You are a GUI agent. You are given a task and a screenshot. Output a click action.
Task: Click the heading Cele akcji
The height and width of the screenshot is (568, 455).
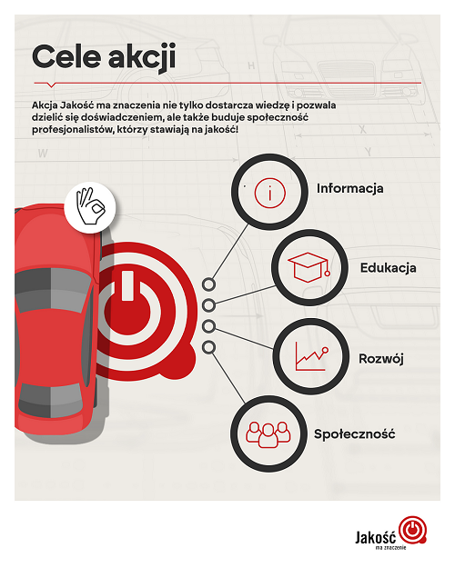tap(104, 57)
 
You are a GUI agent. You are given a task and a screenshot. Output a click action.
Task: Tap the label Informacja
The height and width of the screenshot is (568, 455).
tap(349, 188)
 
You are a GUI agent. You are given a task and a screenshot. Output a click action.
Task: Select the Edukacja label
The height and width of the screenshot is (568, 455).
tap(388, 268)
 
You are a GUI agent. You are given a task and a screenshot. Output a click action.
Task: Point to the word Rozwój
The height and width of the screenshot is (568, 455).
tap(381, 359)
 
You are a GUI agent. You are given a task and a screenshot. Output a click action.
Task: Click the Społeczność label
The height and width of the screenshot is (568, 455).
tap(354, 433)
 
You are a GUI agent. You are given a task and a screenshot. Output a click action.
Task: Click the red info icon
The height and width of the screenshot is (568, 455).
tap(270, 193)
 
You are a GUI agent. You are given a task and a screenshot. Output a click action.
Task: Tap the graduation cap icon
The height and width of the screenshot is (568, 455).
tap(308, 268)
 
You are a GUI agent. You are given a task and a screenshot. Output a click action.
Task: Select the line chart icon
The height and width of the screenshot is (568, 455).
tap(312, 356)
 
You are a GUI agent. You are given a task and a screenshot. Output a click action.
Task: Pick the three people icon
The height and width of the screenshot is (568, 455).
tap(268, 434)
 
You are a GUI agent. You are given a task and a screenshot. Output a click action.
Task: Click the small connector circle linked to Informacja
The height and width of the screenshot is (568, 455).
tap(208, 284)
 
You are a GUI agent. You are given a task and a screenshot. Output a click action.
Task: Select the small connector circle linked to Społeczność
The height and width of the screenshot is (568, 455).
tap(208, 347)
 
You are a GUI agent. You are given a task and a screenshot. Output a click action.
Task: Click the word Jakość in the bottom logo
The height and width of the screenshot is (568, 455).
tap(376, 537)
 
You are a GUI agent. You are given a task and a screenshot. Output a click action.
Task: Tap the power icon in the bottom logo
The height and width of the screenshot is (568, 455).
tap(412, 531)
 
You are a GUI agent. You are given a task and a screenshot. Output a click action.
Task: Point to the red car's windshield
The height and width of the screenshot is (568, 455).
tap(55, 290)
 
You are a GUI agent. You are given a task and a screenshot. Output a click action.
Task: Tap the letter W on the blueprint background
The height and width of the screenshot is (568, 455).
tap(43, 154)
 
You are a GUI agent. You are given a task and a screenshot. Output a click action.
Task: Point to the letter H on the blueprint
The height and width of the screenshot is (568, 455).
tap(251, 65)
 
